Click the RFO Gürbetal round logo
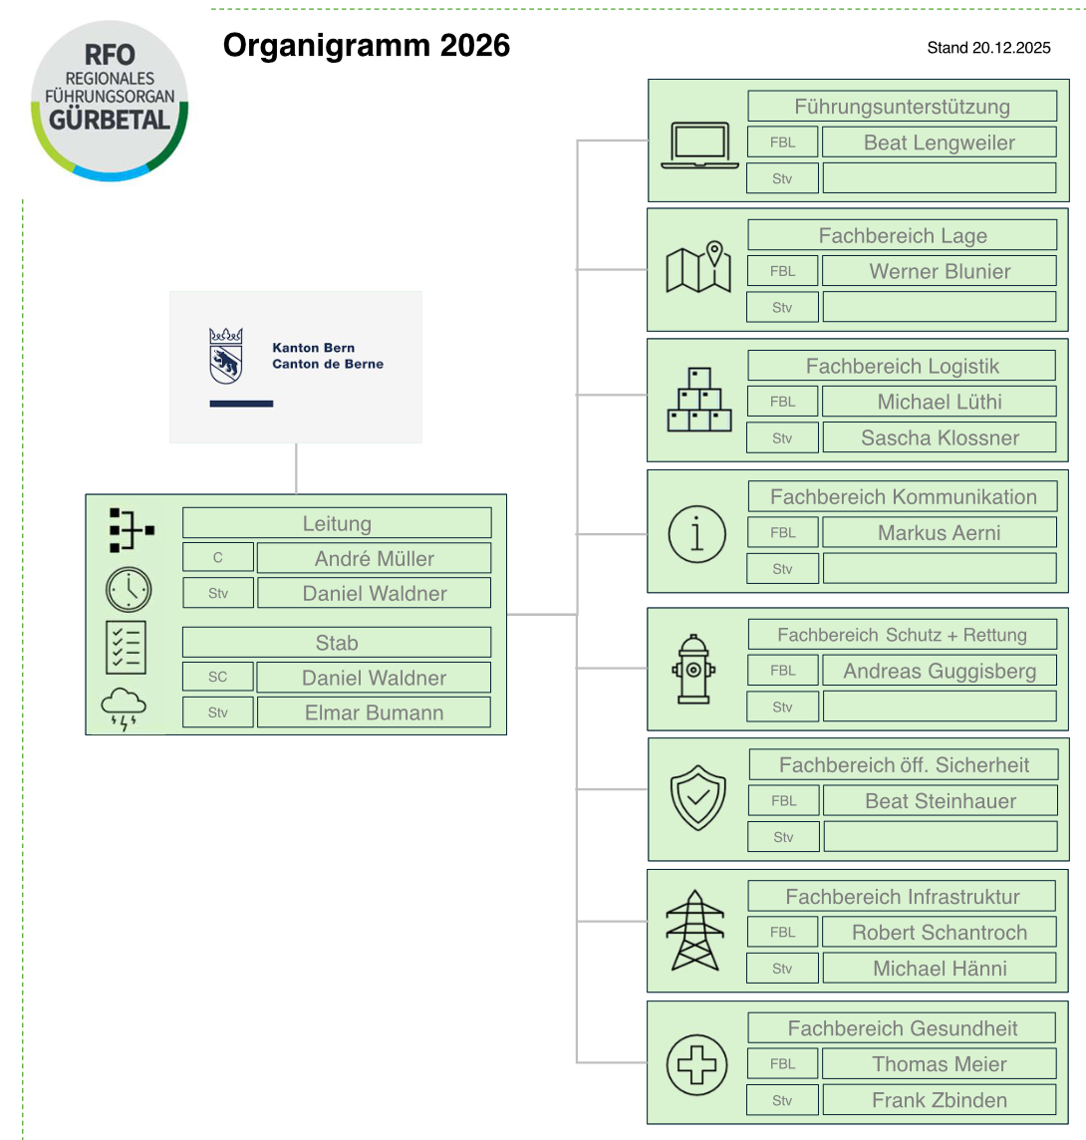[110, 101]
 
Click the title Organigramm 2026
[366, 46]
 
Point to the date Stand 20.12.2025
[988, 48]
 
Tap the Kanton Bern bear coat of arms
[225, 356]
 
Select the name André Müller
[374, 558]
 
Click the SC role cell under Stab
[218, 678]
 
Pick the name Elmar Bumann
[374, 712]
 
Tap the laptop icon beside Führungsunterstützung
[699, 145]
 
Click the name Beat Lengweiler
[939, 142]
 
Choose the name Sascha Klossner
[939, 437]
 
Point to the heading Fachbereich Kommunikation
[903, 497]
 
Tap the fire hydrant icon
[694, 670]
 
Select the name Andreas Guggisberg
[939, 671]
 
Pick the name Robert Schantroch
[939, 933]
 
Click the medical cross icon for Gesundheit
[696, 1062]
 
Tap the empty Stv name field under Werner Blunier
[939, 307]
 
